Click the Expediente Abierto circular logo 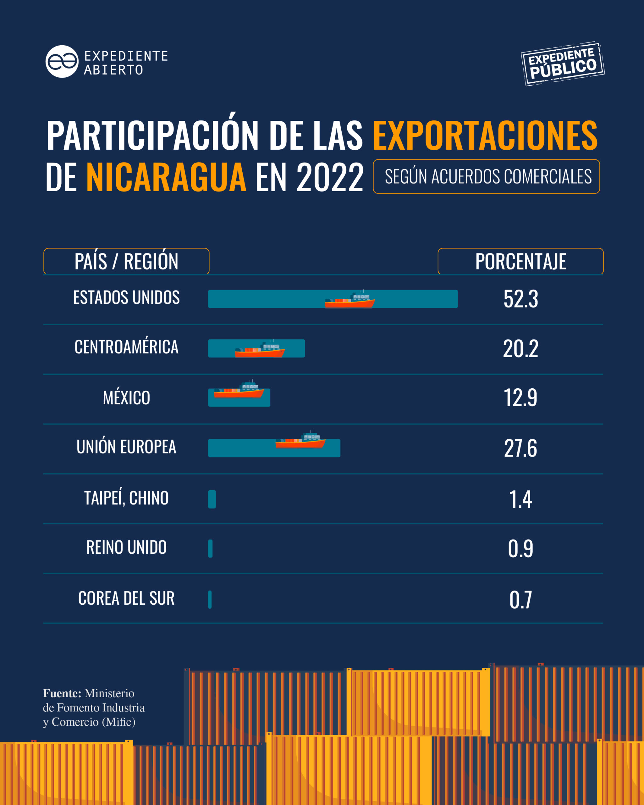click(62, 62)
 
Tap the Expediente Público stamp click(563, 64)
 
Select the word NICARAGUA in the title click(166, 177)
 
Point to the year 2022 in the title click(330, 178)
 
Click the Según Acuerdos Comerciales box click(486, 177)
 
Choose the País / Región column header click(126, 261)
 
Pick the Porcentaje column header click(520, 261)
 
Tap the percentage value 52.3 click(520, 299)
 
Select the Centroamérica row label click(126, 347)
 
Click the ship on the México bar click(239, 391)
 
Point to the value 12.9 click(520, 398)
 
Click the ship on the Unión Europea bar click(300, 441)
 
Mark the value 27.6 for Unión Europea click(520, 448)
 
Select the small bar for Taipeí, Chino click(212, 499)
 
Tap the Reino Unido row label click(126, 547)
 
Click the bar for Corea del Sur click(210, 599)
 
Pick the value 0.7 click(520, 600)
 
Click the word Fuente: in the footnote click(62, 693)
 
